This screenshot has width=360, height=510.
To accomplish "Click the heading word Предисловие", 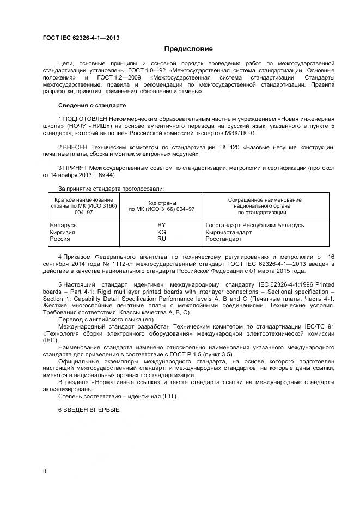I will point(180,49).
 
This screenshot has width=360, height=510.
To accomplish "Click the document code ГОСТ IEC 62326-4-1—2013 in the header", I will point(81,38).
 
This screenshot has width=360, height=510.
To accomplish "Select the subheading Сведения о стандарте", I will point(92,105).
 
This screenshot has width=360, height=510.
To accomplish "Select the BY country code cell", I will point(161,225).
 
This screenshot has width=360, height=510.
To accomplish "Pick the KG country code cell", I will point(161,232).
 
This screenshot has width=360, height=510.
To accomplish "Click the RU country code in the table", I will point(161,239).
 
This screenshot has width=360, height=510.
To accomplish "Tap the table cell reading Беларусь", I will point(63,225).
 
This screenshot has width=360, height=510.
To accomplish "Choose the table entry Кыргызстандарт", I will point(229,232).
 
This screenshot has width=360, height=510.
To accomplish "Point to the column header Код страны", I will point(161,203).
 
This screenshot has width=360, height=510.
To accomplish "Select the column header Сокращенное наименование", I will point(264,199).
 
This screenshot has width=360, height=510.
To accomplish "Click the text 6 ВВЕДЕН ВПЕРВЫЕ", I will point(88,409).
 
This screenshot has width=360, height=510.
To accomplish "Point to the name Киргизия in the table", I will point(63,232).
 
